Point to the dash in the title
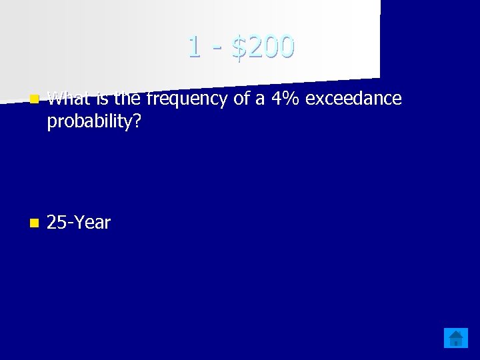(x=216, y=49)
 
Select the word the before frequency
(x=127, y=99)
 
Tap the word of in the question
(x=235, y=99)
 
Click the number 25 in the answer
(x=56, y=223)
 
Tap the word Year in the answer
(x=92, y=223)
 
